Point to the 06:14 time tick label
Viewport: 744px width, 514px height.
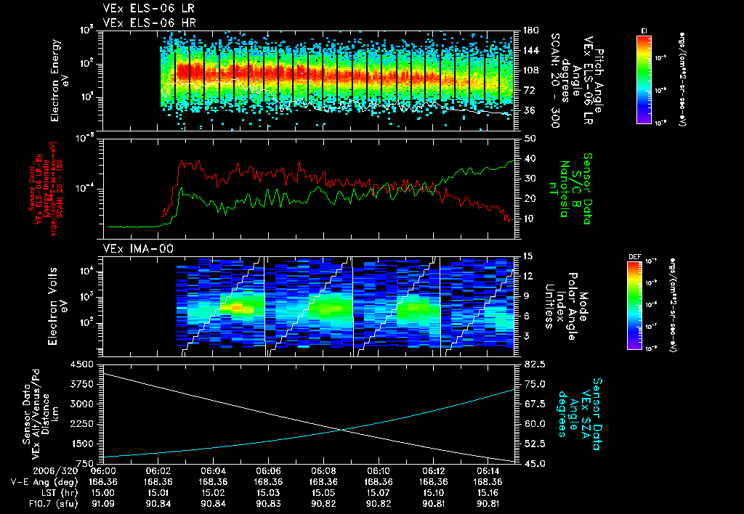point(488,470)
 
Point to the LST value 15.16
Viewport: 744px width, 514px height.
point(488,491)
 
